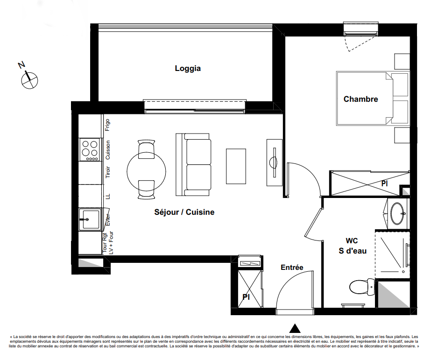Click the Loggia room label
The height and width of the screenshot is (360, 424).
pyautogui.click(x=188, y=69)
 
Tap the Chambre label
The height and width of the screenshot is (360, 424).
pyautogui.click(x=360, y=99)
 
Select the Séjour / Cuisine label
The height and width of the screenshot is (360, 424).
pyautogui.click(x=184, y=212)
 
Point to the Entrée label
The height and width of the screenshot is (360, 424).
pyautogui.click(x=292, y=268)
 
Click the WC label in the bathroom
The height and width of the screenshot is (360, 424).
pyautogui.click(x=352, y=241)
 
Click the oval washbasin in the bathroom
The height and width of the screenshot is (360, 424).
pyautogui.click(x=397, y=213)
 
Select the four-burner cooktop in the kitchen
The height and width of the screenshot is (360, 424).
pyautogui.click(x=90, y=150)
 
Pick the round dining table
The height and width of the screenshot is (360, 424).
pyautogui.click(x=146, y=171)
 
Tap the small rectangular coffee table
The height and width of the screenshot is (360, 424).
pyautogui.click(x=236, y=166)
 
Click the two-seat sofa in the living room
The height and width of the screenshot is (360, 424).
pyautogui.click(x=193, y=164)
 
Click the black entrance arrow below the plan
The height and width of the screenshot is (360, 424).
pyautogui.click(x=295, y=328)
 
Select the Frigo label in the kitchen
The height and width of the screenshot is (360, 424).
pyautogui.click(x=107, y=125)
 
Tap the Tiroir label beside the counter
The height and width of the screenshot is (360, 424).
pyautogui.click(x=107, y=172)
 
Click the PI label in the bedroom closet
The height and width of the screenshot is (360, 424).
pyautogui.click(x=384, y=184)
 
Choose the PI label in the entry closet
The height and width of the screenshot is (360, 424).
pyautogui.click(x=246, y=297)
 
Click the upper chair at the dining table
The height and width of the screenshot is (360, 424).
pyautogui.click(x=146, y=149)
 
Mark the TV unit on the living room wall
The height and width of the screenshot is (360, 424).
pyautogui.click(x=275, y=162)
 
